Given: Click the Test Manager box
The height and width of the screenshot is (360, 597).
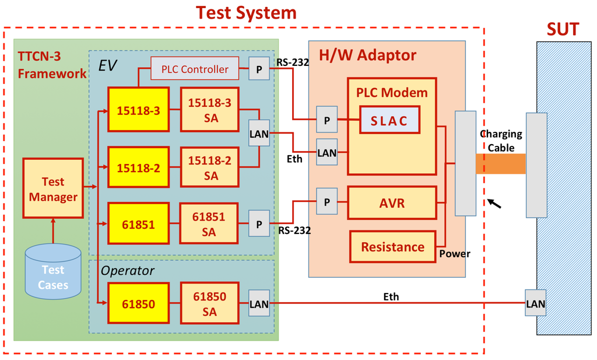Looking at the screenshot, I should (53, 190).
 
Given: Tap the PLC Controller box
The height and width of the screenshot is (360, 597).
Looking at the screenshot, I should (195, 69).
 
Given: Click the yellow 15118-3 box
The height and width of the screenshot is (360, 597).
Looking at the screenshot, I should (138, 109).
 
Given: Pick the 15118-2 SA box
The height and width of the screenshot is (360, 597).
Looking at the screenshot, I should (209, 167).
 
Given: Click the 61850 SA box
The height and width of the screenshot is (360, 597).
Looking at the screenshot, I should (209, 304).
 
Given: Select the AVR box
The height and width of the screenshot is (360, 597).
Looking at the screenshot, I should (392, 203).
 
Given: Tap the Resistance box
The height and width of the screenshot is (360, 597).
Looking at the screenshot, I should (392, 247).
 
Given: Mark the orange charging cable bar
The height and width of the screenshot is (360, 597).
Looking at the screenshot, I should (501, 163).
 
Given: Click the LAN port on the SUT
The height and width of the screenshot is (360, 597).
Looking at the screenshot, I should (535, 303).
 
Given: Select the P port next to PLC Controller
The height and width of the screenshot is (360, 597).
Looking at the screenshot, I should (259, 68).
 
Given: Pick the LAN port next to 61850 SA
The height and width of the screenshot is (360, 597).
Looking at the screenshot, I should (259, 303).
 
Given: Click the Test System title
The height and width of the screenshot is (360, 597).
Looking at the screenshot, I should (245, 12).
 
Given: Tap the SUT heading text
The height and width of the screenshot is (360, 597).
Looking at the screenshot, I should (562, 29).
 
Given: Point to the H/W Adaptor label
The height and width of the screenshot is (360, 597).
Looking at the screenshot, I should (367, 55).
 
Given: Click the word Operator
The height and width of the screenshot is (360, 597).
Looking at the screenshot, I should (128, 271).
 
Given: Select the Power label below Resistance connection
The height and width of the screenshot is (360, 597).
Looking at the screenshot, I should (454, 254).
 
